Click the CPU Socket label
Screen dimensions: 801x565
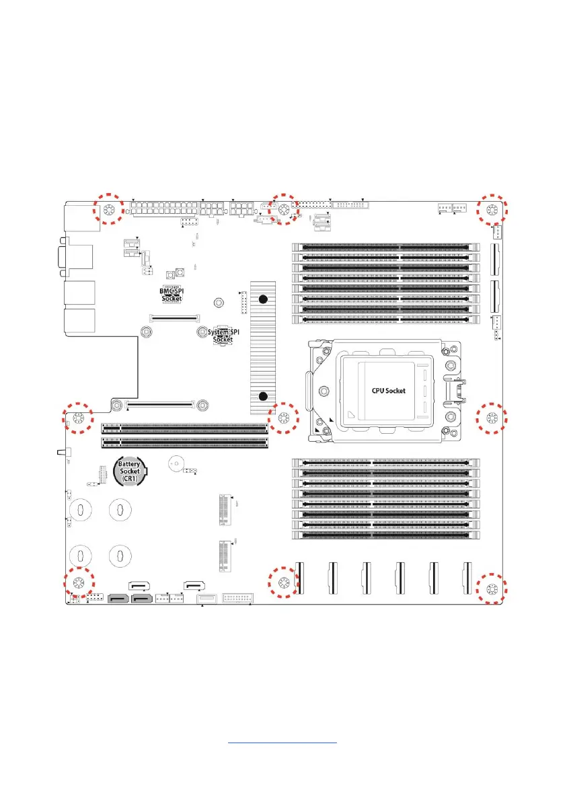point(389,390)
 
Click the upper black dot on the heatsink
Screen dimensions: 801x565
point(264,299)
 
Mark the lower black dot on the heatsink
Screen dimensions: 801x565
point(264,397)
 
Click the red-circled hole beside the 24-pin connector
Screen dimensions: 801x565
point(108,210)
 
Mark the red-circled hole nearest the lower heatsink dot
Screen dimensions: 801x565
point(282,418)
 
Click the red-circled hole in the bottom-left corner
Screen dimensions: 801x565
point(79,582)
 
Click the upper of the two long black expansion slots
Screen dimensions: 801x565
point(184,426)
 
